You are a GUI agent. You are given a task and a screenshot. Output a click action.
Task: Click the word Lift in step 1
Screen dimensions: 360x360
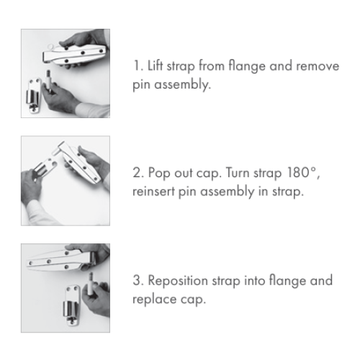point(155,66)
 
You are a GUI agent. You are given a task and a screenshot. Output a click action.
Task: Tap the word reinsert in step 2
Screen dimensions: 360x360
point(153,192)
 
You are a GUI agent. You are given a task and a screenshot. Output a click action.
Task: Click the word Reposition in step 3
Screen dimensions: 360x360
point(178,281)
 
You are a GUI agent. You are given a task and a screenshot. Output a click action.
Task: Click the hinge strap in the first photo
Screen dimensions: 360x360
point(75,54)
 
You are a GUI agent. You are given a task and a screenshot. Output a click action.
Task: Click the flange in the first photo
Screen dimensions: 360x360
point(33,96)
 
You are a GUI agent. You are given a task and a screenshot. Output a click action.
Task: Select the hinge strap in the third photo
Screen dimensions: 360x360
point(61,261)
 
